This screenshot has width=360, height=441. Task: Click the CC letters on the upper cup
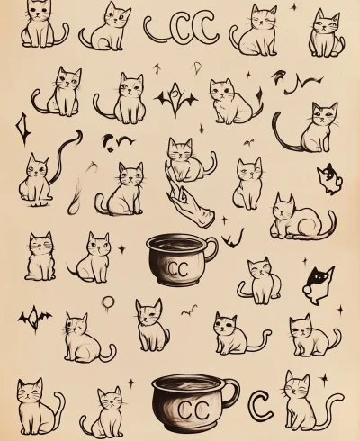pyautogui.click(x=177, y=268)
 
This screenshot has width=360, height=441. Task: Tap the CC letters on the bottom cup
pyautogui.click(x=190, y=409)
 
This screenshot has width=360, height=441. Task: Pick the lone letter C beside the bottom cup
pyautogui.click(x=261, y=405)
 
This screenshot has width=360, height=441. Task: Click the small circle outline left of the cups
pyautogui.click(x=108, y=302)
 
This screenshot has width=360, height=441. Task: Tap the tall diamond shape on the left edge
pyautogui.click(x=22, y=130)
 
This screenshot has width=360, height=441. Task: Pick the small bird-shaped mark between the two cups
pyautogui.click(x=188, y=311)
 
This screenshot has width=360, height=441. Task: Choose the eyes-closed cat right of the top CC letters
pyautogui.click(x=255, y=31)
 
